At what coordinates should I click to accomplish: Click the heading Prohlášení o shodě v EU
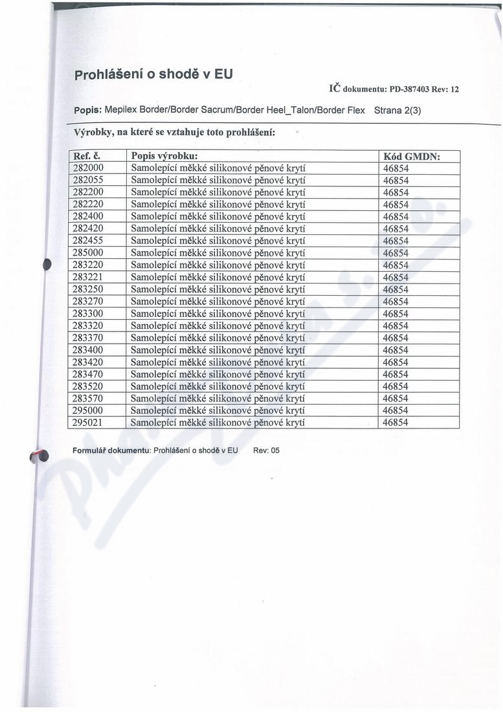click(153, 74)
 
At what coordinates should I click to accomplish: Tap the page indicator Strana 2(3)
click(397, 110)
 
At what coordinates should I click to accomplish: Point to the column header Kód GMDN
click(412, 156)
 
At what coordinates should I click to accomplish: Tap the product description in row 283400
click(218, 350)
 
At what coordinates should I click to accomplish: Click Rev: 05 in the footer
click(266, 451)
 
